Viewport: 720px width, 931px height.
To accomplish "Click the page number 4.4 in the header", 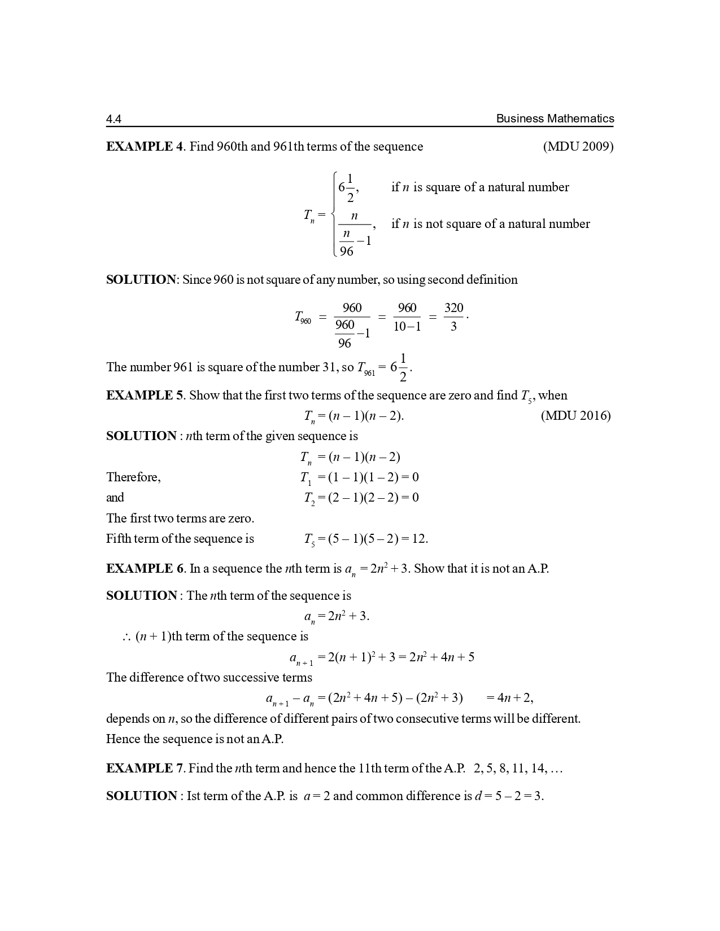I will pos(114,119).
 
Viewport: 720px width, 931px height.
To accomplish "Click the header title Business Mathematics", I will pos(555,118).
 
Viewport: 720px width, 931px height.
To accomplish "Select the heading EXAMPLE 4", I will pos(145,147).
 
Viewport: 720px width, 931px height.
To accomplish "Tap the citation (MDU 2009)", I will pos(578,147).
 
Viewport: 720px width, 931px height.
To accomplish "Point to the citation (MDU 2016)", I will pos(575,416).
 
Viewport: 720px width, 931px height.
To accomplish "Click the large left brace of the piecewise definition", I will pos(334,214).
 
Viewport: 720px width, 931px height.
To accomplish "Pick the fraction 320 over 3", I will pos(453,317).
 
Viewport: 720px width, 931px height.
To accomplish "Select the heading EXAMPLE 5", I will pos(145,396).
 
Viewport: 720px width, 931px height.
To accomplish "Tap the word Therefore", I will pos(133,477).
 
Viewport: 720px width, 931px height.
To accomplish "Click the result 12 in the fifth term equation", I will pos(419,539).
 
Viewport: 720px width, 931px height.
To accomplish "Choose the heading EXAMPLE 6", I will pos(145,569).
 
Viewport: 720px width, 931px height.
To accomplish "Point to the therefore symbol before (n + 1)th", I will pos(126,638).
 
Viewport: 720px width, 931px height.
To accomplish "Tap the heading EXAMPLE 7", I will pos(145,768).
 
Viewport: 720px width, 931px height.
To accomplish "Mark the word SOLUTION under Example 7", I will pos(141,796).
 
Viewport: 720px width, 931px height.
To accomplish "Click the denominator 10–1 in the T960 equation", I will pos(407,326).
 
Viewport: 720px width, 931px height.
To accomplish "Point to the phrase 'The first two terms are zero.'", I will pos(180,518).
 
